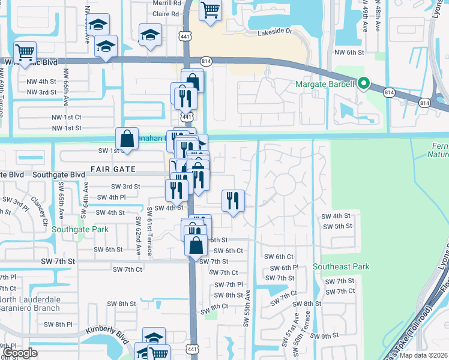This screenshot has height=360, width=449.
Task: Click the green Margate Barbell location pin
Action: coord(363,85)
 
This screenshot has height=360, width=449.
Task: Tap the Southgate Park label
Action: coord(80,229)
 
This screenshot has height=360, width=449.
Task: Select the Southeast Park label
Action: coord(341,266)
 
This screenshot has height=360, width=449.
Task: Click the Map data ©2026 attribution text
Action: coord(423,355)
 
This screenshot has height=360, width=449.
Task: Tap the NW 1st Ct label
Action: coord(66,117)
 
